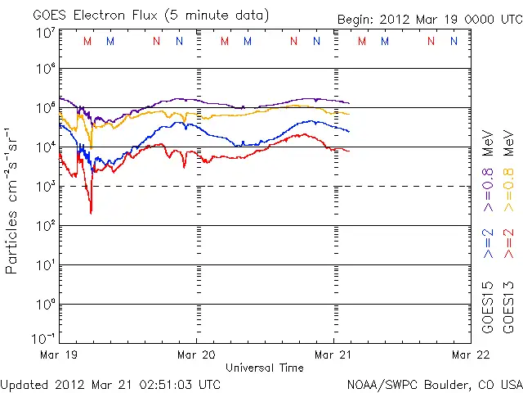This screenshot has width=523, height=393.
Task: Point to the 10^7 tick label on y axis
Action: pyautogui.click(x=45, y=33)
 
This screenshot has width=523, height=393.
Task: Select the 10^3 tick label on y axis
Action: pyautogui.click(x=45, y=187)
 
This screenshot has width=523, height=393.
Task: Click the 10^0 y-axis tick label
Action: pyautogui.click(x=45, y=304)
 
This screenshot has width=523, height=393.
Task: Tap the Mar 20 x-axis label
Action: pyautogui.click(x=196, y=355)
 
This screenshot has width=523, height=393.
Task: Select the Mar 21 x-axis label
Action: pyautogui.click(x=333, y=355)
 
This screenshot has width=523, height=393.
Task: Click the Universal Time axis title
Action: pyautogui.click(x=264, y=368)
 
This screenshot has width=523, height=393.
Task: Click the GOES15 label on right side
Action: pyautogui.click(x=488, y=305)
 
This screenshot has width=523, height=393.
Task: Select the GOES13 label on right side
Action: pyautogui.click(x=507, y=305)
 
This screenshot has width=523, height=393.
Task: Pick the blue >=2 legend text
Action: pyautogui.click(x=488, y=243)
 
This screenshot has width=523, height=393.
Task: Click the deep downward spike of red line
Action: pyautogui.click(x=91, y=211)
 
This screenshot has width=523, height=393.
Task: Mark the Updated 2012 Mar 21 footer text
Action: pyautogui.click(x=110, y=383)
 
